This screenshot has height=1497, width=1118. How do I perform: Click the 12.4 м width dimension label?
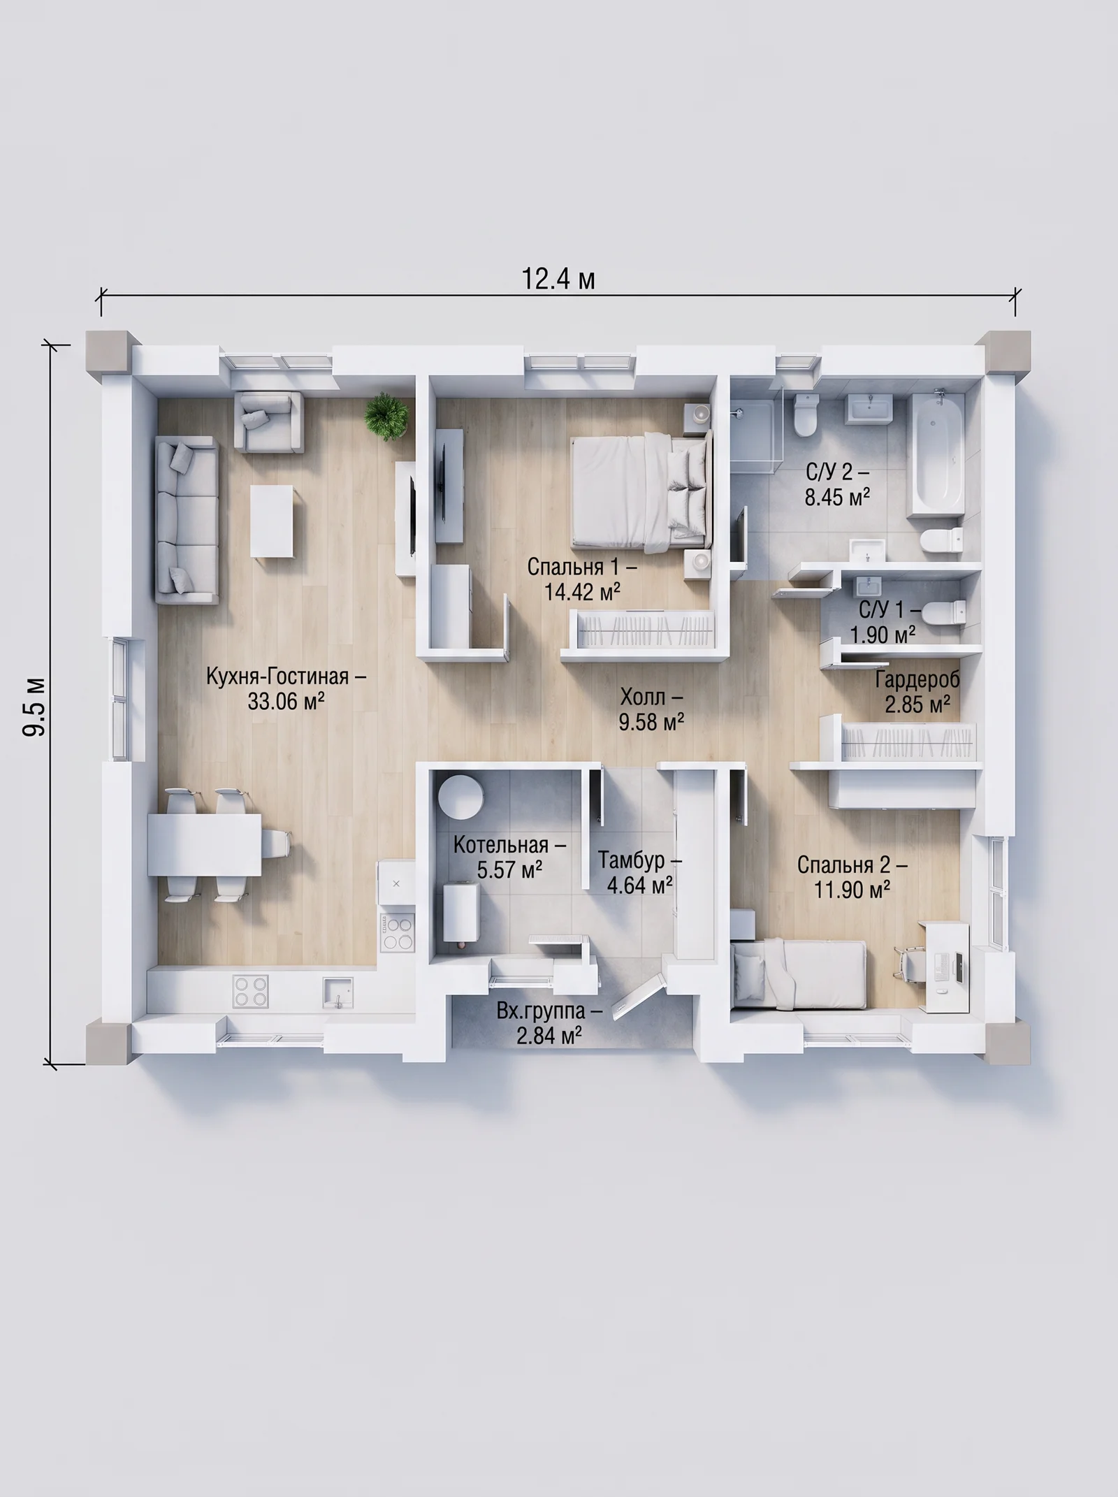click(x=558, y=279)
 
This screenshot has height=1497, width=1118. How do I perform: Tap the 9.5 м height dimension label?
click(x=35, y=706)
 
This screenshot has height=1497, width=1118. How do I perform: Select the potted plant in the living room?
click(x=386, y=417)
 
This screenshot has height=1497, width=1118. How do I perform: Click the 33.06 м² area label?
click(x=286, y=701)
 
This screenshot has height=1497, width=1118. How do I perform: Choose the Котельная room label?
click(x=509, y=845)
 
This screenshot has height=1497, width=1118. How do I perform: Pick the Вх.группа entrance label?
click(x=549, y=1011)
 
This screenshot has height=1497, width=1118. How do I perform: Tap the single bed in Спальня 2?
click(x=799, y=975)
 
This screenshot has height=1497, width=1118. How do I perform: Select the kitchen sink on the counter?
click(x=337, y=992)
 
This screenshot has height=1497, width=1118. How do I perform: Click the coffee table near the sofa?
click(x=273, y=521)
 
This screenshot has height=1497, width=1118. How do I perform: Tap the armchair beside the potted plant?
click(x=268, y=421)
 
